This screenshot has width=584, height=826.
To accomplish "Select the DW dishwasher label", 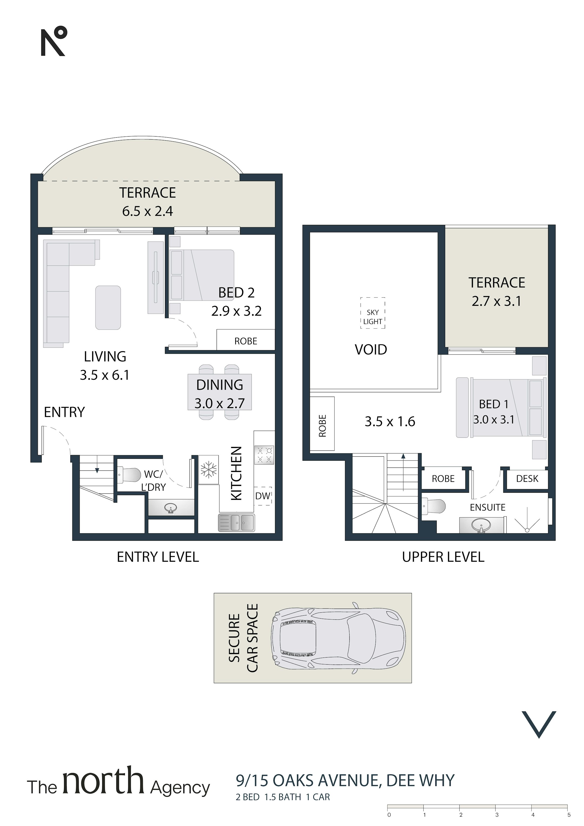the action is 263,496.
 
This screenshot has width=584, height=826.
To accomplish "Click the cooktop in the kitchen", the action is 264,455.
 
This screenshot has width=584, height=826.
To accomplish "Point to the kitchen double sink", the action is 236,523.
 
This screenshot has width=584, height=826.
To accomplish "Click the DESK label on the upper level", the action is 527,479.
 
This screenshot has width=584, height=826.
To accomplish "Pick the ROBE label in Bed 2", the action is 246,341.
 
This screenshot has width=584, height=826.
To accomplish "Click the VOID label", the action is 371,350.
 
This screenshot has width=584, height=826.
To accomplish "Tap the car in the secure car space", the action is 338,638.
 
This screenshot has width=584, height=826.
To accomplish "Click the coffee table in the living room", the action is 108,308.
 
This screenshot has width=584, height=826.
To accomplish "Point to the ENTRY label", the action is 64,412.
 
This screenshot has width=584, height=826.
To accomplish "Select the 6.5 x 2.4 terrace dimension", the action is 148,211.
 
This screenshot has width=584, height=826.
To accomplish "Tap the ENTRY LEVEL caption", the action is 158,557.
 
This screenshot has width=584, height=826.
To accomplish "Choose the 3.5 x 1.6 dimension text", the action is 390,421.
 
